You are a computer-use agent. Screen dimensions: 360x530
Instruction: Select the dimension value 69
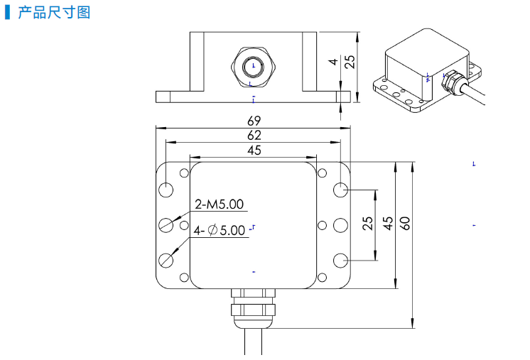tap(254, 121)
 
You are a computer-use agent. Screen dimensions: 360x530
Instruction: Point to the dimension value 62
tap(254, 135)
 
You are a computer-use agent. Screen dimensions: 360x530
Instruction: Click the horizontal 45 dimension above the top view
tap(254, 150)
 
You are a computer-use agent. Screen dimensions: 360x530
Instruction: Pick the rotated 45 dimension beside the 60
tap(388, 224)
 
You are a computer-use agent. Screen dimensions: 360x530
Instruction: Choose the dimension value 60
tap(406, 224)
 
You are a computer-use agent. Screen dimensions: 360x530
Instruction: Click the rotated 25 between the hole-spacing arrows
tap(367, 224)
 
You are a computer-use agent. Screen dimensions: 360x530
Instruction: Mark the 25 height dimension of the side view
tap(349, 62)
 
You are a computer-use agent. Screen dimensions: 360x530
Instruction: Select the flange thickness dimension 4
tap(333, 62)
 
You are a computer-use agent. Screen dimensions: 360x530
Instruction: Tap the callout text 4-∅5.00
tap(220, 230)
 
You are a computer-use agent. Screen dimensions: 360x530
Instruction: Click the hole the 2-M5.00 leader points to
tap(167, 224)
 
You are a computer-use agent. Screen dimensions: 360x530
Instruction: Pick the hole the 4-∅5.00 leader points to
tap(167, 259)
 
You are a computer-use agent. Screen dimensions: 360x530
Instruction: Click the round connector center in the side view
tap(254, 67)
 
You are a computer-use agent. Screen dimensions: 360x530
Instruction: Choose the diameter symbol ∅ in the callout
tap(212, 230)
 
